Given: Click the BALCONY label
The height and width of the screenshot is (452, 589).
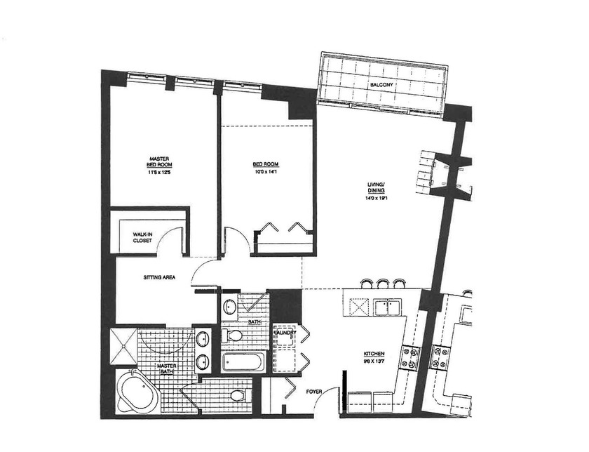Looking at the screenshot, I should tap(383, 85).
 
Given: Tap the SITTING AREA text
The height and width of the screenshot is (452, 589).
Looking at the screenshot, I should tap(159, 277).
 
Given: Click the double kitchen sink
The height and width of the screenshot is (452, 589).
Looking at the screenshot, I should tap(387, 307).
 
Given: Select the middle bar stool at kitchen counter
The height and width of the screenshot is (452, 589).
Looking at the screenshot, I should tap(382, 284).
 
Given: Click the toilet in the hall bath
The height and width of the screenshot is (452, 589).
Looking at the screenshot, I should tap(234, 335).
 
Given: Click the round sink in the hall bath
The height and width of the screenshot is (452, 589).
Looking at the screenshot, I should tap(230, 307).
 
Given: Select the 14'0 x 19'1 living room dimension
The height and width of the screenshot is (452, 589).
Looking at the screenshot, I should tap(376, 199).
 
